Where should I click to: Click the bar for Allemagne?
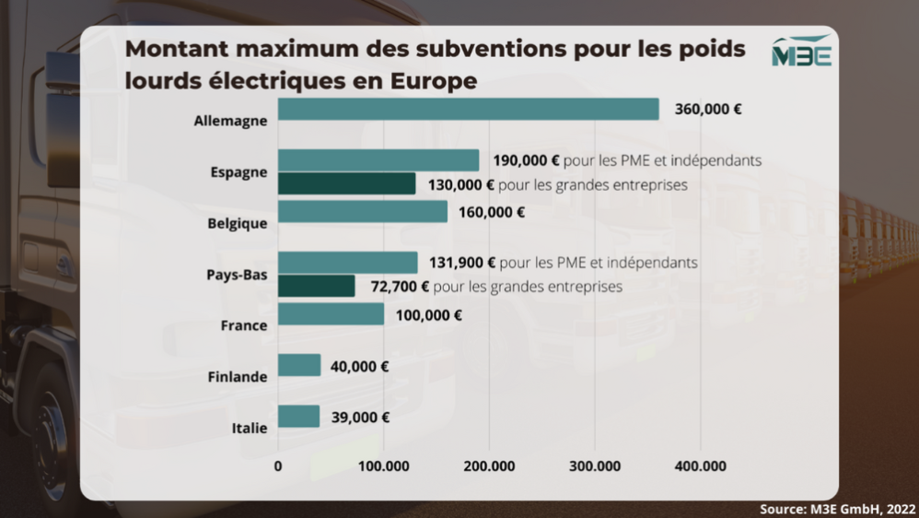(x=468, y=109)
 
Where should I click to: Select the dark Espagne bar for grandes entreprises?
(x=346, y=184)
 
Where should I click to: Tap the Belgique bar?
(x=362, y=212)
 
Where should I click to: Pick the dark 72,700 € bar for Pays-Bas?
(x=316, y=287)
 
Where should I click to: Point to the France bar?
(x=331, y=314)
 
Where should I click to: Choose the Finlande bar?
(x=299, y=366)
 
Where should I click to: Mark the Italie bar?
(x=298, y=417)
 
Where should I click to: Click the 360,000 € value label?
(x=708, y=109)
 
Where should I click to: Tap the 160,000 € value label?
(x=493, y=212)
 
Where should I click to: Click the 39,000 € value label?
(x=359, y=417)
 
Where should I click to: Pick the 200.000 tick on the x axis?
(x=489, y=466)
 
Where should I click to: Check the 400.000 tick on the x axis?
(x=700, y=466)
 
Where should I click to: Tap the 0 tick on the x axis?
(x=278, y=466)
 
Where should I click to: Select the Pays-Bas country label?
(x=237, y=275)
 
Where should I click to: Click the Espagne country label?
(x=238, y=172)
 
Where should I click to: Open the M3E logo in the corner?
(x=801, y=53)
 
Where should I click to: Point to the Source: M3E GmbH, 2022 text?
(x=838, y=509)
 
